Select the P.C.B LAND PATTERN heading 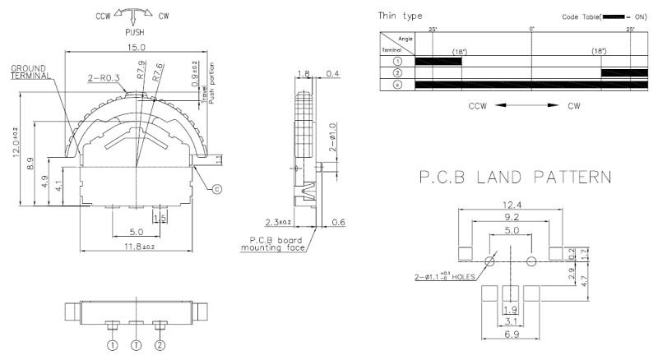[x=503, y=176]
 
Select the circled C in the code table [x=397, y=85]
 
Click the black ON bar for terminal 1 [x=438, y=61]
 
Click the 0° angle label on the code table [x=532, y=30]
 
